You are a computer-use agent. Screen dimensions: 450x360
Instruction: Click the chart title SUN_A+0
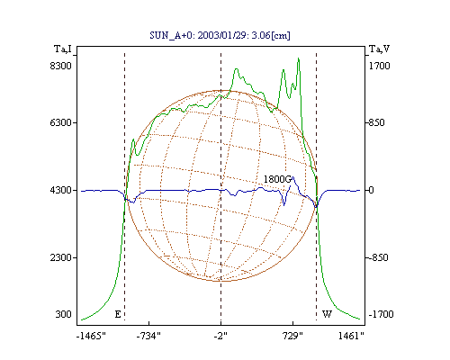[x=171, y=36]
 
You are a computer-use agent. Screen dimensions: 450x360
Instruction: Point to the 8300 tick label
[x=61, y=66]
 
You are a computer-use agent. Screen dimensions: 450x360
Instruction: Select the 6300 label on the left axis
[x=61, y=122]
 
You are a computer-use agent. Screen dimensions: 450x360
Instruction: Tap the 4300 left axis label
[x=61, y=190]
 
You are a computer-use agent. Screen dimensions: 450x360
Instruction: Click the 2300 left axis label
[x=61, y=257]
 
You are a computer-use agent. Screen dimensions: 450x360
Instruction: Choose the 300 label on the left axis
[x=64, y=314]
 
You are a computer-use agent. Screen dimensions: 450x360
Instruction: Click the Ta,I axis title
[x=63, y=49]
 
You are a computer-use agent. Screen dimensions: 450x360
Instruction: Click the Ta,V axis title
[x=379, y=49]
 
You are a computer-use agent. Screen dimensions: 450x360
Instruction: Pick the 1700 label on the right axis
[x=379, y=66]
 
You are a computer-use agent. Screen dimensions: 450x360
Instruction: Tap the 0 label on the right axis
[x=371, y=190]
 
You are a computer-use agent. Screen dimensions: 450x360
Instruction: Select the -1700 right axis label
[x=381, y=314]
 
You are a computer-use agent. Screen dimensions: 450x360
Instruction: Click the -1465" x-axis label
[x=91, y=336]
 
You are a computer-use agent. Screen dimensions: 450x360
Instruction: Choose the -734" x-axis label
[x=148, y=336]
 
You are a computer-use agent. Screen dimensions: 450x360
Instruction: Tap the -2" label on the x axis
[x=220, y=336]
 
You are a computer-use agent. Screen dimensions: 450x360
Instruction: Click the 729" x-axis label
[x=292, y=336]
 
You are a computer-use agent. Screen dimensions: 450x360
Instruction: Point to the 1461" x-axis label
[x=351, y=336]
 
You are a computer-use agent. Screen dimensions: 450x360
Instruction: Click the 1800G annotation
[x=277, y=179]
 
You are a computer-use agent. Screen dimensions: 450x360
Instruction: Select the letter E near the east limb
[x=118, y=314]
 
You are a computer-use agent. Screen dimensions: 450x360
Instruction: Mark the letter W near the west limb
[x=327, y=314]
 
